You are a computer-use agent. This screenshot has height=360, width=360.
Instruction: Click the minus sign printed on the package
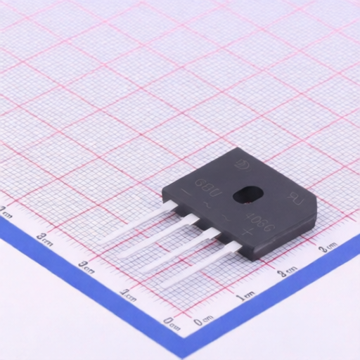[185, 192]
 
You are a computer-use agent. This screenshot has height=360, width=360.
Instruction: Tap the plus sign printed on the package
[246, 231]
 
